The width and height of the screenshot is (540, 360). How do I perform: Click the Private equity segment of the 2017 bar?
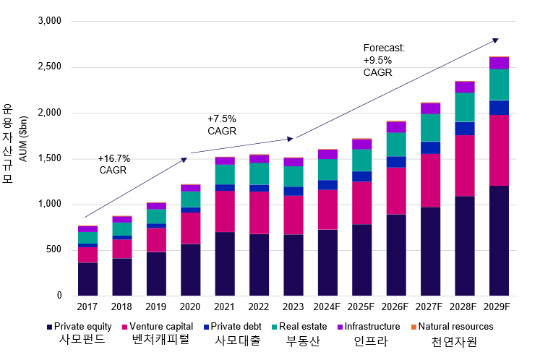(x=87, y=279)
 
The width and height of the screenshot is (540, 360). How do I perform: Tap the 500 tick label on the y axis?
(x=54, y=250)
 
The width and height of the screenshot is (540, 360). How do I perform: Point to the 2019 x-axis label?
(x=155, y=307)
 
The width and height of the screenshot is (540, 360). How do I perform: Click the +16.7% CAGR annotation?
(x=113, y=164)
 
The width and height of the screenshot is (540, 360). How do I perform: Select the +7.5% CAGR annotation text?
(x=222, y=124)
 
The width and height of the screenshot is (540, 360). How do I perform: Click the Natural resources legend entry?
(x=455, y=327)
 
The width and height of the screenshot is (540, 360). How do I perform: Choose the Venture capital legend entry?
(x=159, y=327)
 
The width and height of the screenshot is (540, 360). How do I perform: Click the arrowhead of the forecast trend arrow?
(x=495, y=40)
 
